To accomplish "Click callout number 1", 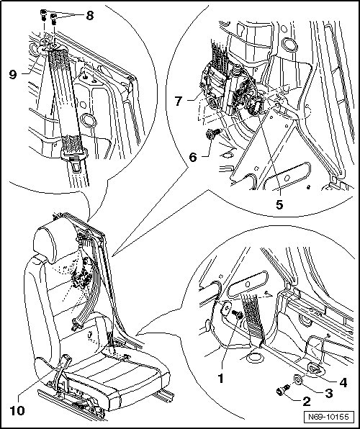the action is point(220,379).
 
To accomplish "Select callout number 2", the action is point(306,402).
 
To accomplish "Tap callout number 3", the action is point(328,393).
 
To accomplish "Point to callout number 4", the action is point(343,382).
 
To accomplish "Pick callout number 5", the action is point(279,204).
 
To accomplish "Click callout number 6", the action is point(193,158).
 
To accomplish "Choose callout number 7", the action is point(179,101).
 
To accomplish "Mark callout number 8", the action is point(89,16).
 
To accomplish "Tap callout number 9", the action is point(13,74).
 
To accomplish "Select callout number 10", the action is point(17,411).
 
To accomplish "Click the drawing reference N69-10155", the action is point(328,417).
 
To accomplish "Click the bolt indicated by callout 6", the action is point(212,133).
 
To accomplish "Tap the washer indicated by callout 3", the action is point(298,379).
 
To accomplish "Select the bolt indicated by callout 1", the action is point(237,315).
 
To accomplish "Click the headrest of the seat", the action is point(55,238).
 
